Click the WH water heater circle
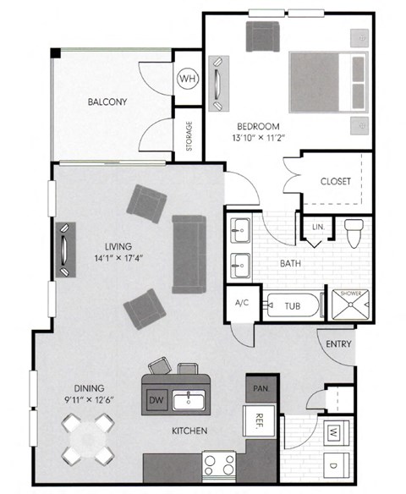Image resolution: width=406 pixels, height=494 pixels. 187,79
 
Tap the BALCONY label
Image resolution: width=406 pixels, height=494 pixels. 107,103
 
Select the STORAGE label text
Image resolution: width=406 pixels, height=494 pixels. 189,136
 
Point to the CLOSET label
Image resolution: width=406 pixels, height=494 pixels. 335,181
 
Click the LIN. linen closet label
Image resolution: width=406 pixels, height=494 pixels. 318,227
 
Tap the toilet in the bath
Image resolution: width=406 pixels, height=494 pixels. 353,230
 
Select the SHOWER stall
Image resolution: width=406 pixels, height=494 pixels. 351,305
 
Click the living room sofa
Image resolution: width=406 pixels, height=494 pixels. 188,254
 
